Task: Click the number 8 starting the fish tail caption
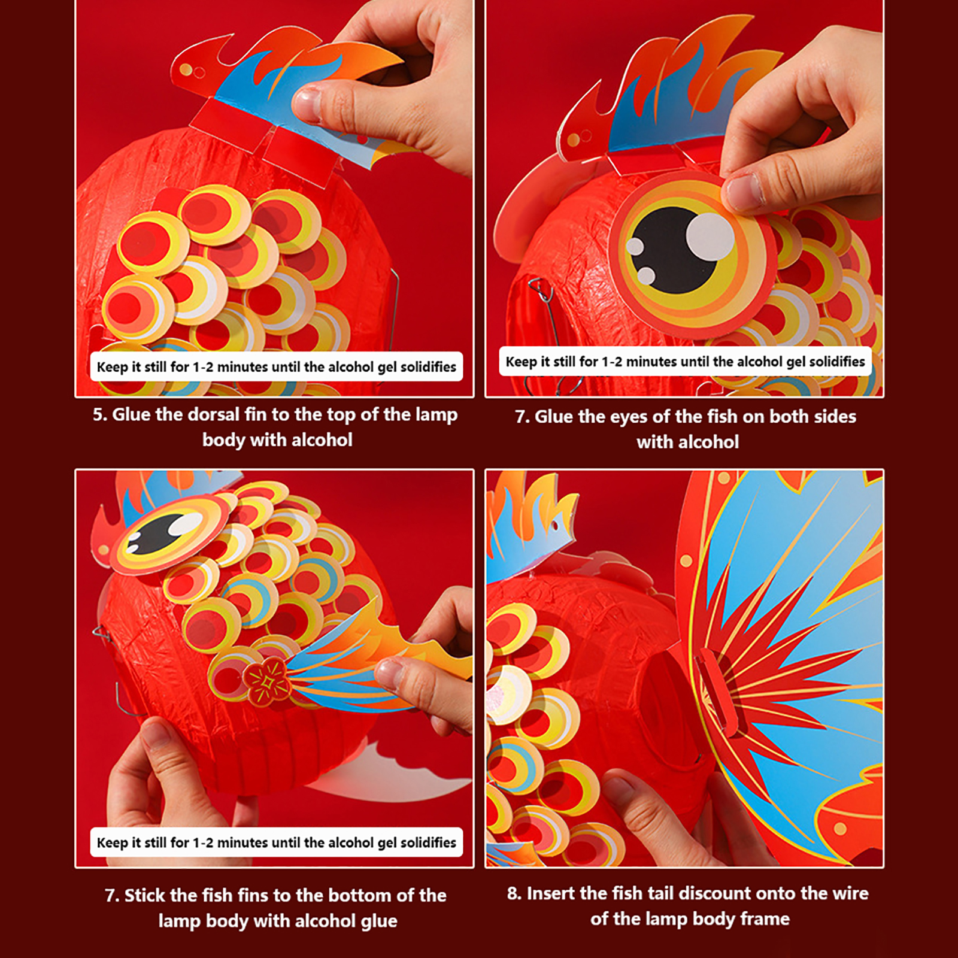tap(514, 893)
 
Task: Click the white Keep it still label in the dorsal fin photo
tap(276, 366)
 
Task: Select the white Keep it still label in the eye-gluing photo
tap(685, 362)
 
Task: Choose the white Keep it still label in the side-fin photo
tap(276, 842)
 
